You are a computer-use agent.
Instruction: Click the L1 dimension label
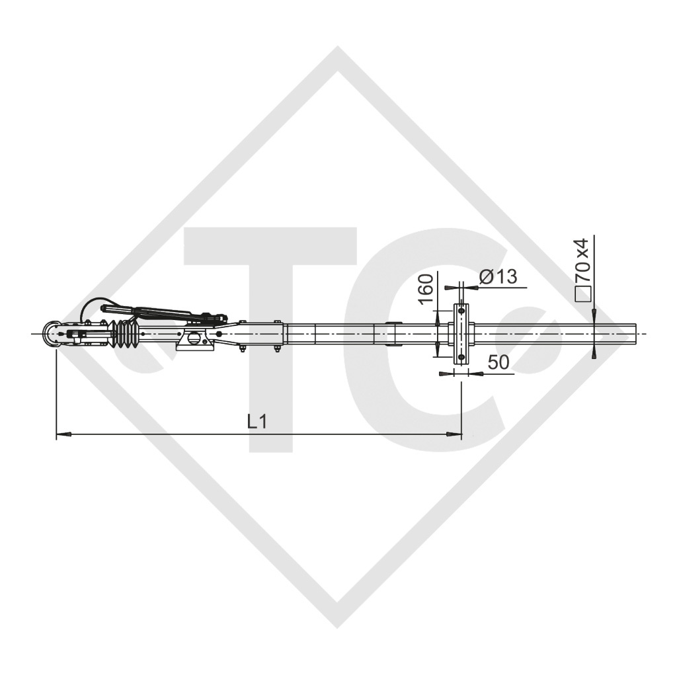(257, 421)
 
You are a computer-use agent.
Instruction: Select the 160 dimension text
(426, 288)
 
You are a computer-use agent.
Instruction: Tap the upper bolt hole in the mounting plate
(461, 310)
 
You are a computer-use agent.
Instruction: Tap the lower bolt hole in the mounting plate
(461, 358)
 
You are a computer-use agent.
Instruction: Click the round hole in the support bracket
(194, 338)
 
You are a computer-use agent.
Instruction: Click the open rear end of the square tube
(637, 334)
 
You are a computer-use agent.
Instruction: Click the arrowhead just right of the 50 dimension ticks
(475, 374)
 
